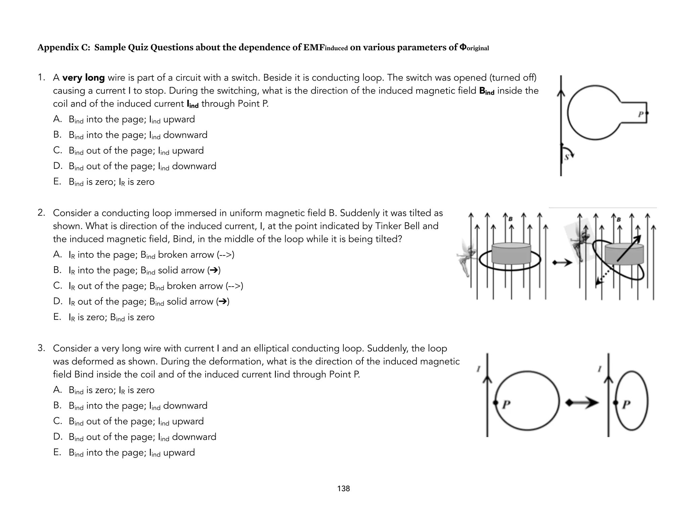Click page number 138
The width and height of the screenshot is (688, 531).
pyautogui.click(x=343, y=489)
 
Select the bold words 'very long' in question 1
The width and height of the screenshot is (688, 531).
pyautogui.click(x=83, y=78)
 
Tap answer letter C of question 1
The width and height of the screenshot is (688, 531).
pyautogui.click(x=57, y=150)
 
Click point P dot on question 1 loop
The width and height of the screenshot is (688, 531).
pyautogui.click(x=647, y=113)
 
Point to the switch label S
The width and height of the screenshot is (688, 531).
pyautogui.click(x=566, y=157)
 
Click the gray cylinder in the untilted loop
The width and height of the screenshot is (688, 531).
pyautogui.click(x=511, y=254)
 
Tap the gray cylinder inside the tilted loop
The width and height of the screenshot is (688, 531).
pyautogui.click(x=624, y=254)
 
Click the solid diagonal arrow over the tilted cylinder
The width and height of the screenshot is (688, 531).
pyautogui.click(x=629, y=248)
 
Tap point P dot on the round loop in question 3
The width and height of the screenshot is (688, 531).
pyautogui.click(x=496, y=403)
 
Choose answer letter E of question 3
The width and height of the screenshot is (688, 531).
pyautogui.click(x=57, y=452)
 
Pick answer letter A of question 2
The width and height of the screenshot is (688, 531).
pyautogui.click(x=57, y=254)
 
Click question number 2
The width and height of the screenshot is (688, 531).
pyautogui.click(x=41, y=213)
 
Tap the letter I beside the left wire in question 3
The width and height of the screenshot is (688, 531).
pyautogui.click(x=478, y=369)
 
